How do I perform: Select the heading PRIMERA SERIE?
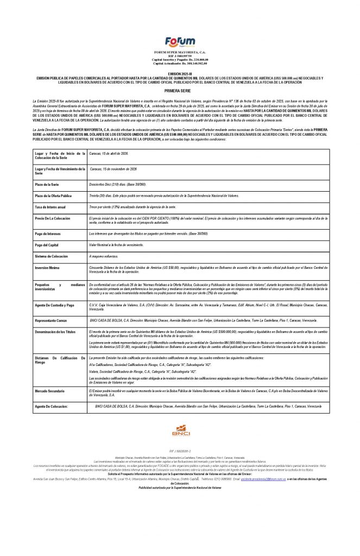(x=179, y=93)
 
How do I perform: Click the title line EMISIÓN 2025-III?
(x=179, y=72)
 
